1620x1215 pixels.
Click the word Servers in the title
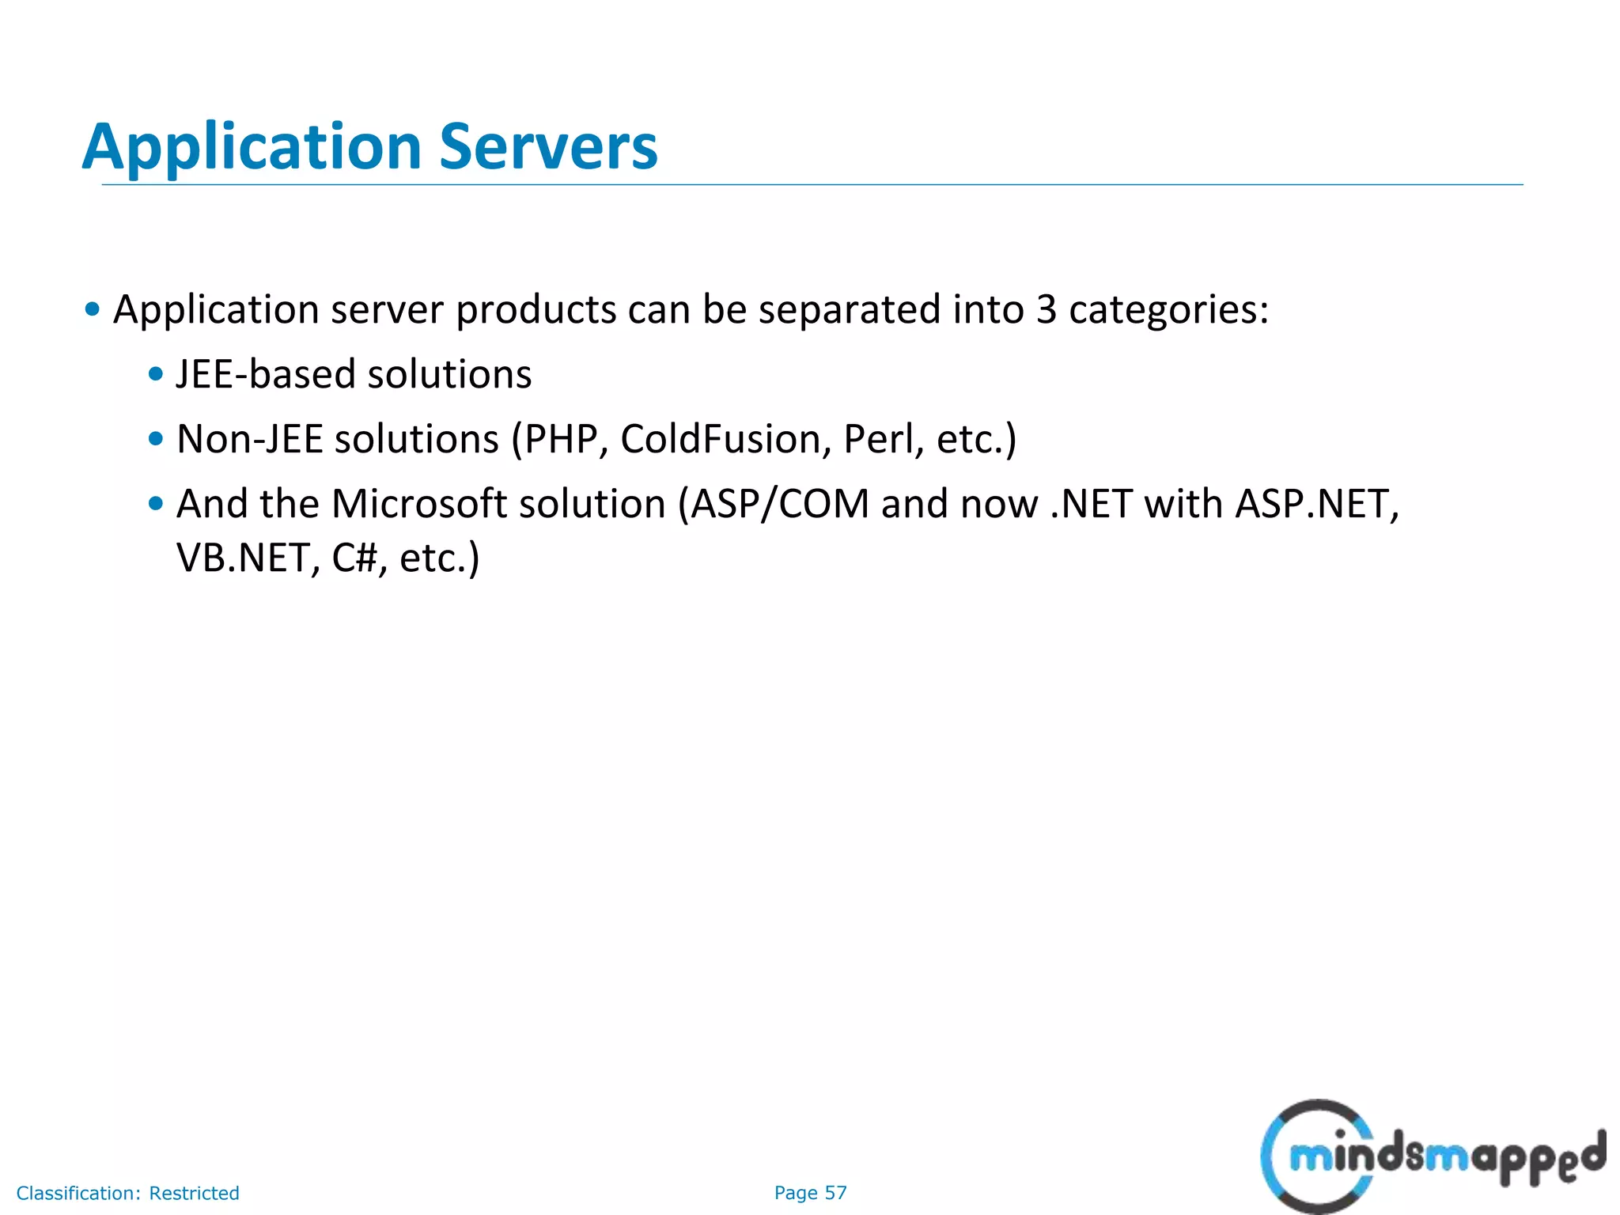point(548,147)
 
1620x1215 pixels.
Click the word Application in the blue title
point(252,147)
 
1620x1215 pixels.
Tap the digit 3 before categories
point(1046,309)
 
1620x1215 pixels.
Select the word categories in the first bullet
point(1168,309)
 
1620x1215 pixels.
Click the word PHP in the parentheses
point(562,439)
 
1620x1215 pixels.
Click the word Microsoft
point(419,504)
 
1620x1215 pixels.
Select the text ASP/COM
point(780,504)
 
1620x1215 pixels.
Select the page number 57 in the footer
point(835,1193)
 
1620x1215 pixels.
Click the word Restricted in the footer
point(194,1193)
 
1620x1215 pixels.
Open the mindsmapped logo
point(1432,1156)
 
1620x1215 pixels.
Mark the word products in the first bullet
point(536,309)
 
